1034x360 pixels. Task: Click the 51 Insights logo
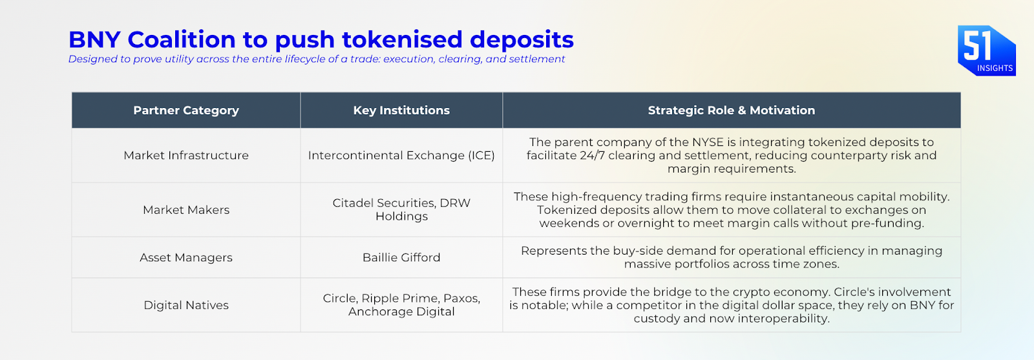coord(986,50)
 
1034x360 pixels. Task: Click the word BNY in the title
coord(94,39)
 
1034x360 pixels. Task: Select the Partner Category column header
coord(186,111)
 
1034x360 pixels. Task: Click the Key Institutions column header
coord(401,111)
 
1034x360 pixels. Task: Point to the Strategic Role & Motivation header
coord(731,111)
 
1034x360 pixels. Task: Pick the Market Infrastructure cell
coord(186,156)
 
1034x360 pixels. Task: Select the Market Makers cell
coord(186,210)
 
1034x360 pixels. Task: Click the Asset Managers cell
coord(186,257)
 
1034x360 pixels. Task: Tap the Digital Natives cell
coord(186,305)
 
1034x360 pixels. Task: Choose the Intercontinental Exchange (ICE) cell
coord(401,156)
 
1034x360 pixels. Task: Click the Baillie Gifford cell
coord(401,257)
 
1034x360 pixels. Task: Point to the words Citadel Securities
coord(384,203)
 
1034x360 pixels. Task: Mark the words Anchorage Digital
coord(401,312)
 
